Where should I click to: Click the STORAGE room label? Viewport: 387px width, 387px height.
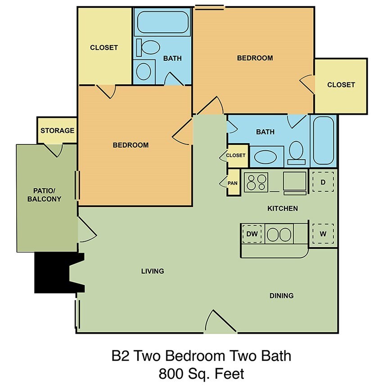(x=57, y=130)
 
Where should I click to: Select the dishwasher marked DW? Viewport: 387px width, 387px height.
(x=252, y=234)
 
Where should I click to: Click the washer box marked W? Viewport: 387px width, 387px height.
(x=323, y=234)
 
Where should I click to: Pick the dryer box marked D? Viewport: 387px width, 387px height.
(x=323, y=182)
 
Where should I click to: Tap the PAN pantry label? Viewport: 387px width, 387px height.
(x=233, y=183)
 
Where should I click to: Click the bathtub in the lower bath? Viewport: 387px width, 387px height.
(x=323, y=140)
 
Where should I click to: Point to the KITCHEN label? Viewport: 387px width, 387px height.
(x=283, y=208)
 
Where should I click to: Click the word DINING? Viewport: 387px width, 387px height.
(x=281, y=296)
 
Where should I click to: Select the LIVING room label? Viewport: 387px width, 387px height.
(x=153, y=271)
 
